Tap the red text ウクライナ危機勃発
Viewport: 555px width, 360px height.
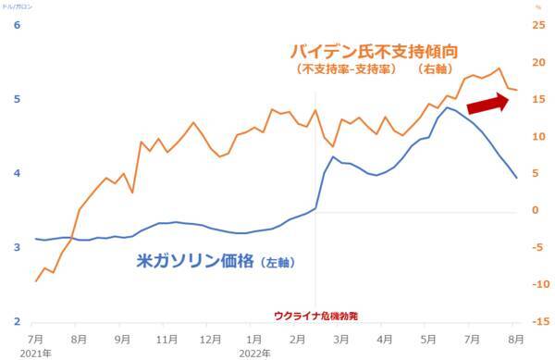point(315,316)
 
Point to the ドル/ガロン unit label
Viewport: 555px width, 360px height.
point(18,6)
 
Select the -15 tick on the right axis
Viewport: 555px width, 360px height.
point(536,321)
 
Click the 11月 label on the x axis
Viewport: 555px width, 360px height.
point(166,340)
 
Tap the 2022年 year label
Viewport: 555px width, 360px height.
point(254,353)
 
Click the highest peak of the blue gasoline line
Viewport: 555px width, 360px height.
point(449,107)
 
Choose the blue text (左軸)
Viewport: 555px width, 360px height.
point(274,263)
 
